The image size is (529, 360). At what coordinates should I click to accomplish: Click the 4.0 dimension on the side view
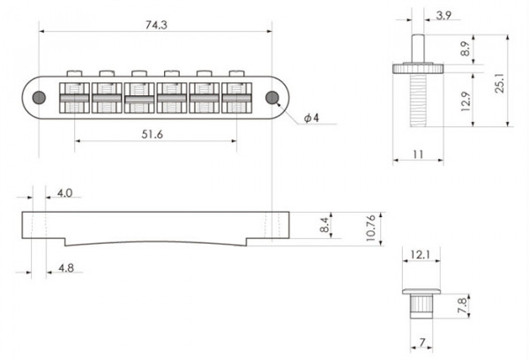pyautogui.click(x=64, y=191)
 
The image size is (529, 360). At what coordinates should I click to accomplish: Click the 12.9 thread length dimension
pyautogui.click(x=466, y=105)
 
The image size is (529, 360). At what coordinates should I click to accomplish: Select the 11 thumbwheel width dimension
pyautogui.click(x=414, y=154)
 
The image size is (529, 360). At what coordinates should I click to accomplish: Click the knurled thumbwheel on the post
pyautogui.click(x=414, y=68)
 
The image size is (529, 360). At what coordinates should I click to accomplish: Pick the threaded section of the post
pyautogui.click(x=414, y=105)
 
